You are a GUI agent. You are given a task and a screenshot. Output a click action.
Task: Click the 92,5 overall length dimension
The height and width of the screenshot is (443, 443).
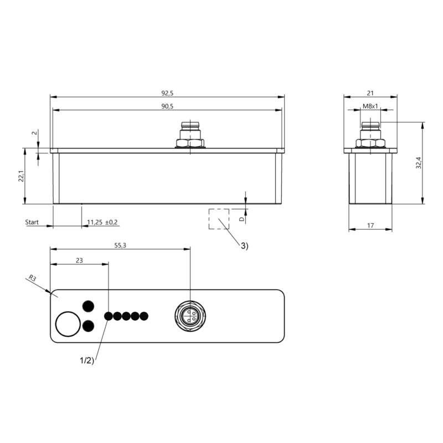point(167,92)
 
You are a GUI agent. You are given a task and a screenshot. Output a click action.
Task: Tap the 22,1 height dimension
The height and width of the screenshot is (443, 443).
point(21,176)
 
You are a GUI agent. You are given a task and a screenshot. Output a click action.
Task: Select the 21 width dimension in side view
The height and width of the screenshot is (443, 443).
point(370,92)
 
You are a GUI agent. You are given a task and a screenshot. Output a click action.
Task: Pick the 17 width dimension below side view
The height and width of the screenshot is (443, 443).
point(370,225)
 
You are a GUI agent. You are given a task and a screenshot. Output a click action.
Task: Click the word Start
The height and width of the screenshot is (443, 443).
point(32,222)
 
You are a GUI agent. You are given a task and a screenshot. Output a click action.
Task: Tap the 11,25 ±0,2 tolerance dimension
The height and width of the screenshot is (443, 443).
point(102,222)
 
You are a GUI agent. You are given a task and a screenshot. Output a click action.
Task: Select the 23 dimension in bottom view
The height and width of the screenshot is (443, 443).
point(79,260)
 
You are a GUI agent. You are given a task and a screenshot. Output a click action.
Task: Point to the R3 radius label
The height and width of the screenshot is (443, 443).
point(33,279)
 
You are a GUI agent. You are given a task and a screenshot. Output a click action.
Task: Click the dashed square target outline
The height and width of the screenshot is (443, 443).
point(219,219)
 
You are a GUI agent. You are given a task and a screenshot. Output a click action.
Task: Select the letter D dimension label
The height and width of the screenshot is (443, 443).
point(241,219)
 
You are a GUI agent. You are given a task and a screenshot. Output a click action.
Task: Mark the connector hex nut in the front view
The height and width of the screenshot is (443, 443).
point(190,143)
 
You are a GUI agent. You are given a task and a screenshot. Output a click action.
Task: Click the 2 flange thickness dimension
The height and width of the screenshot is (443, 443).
point(34,133)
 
